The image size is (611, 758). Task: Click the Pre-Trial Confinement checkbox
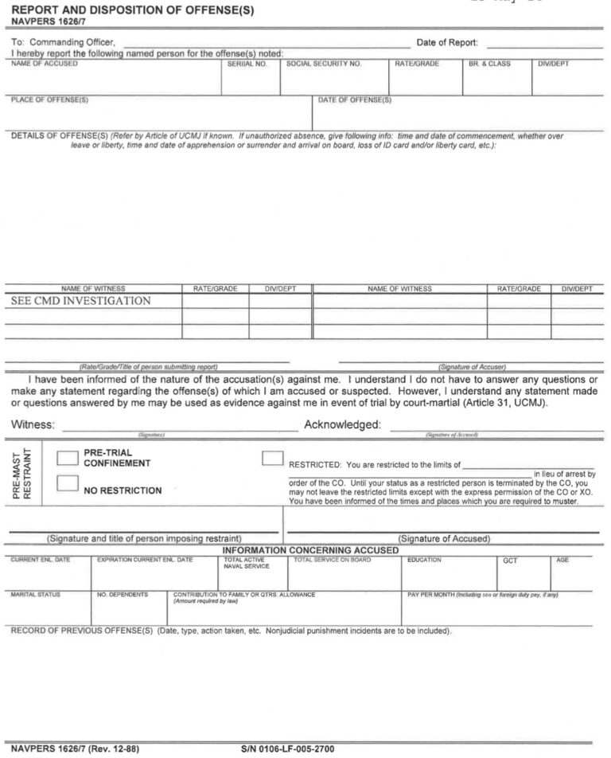pyautogui.click(x=68, y=458)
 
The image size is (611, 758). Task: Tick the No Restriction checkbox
pyautogui.click(x=68, y=483)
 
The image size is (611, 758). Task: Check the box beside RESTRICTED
pyautogui.click(x=273, y=458)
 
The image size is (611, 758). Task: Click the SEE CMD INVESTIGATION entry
pyautogui.click(x=81, y=301)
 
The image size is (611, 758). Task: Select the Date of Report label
pyautogui.click(x=447, y=42)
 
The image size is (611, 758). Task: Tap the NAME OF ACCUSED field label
pyautogui.click(x=45, y=63)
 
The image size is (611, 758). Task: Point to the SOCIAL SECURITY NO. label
pyautogui.click(x=324, y=63)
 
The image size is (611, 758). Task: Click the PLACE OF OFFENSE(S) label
pyautogui.click(x=49, y=100)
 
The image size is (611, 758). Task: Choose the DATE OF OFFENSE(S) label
pyautogui.click(x=355, y=100)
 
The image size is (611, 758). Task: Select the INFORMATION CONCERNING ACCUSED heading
pyautogui.click(x=310, y=550)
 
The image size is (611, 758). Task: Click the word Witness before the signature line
pyautogui.click(x=33, y=425)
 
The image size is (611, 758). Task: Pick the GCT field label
pyautogui.click(x=510, y=561)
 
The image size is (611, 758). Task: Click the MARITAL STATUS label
pyautogui.click(x=35, y=595)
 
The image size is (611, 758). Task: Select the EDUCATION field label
pyautogui.click(x=424, y=560)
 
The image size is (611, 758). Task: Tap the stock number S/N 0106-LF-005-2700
pyautogui.click(x=287, y=749)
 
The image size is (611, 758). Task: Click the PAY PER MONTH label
pyautogui.click(x=434, y=595)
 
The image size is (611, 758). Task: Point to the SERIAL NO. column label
pyautogui.click(x=247, y=63)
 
